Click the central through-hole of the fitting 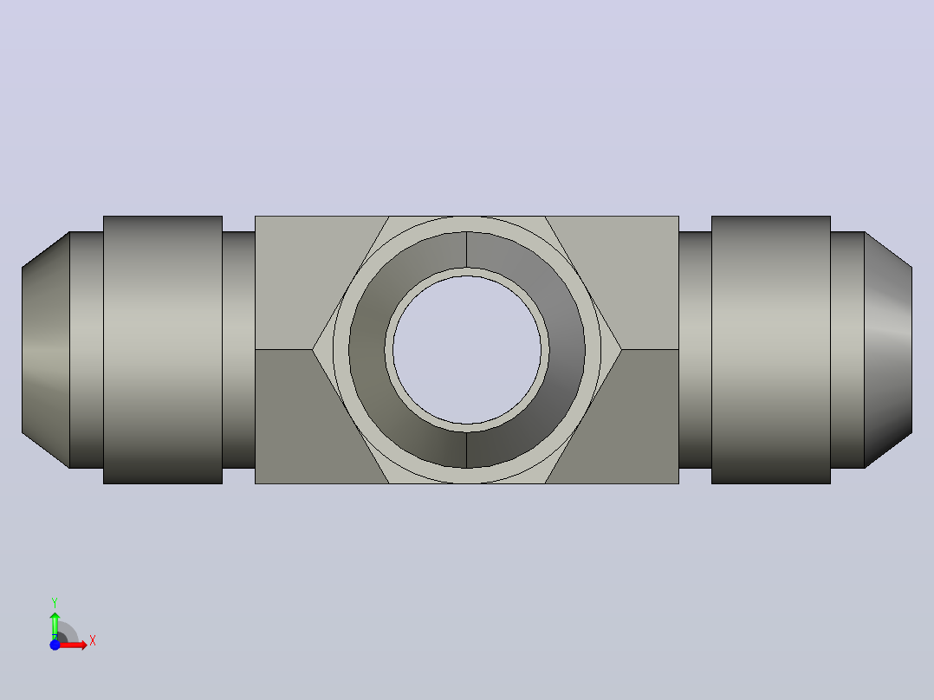pos(467,350)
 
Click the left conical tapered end pos(46,350)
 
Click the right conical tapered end pos(888,350)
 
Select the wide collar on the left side pos(163,350)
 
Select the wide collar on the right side pos(771,350)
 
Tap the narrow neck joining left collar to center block pos(239,350)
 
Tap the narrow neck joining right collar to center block pos(695,350)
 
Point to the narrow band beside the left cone pos(87,350)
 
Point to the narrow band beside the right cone pos(847,350)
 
